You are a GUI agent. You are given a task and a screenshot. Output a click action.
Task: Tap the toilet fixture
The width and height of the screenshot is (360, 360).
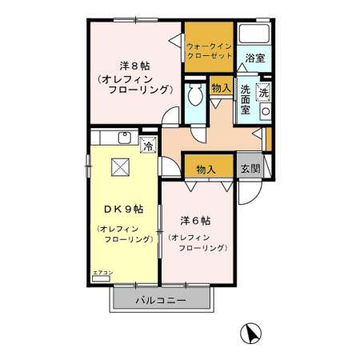[x=194, y=97]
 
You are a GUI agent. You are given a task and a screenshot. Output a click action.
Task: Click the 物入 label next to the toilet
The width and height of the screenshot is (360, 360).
[x=220, y=87]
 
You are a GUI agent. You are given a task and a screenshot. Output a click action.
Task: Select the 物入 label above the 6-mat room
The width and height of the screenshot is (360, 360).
[x=206, y=169]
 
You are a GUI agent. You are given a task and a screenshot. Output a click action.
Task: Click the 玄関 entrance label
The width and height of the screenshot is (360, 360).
[x=250, y=169]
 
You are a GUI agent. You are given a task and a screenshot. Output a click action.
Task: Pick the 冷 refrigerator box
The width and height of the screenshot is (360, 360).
[x=147, y=145]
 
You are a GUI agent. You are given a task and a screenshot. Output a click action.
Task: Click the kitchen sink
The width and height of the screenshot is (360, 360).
[x=124, y=138]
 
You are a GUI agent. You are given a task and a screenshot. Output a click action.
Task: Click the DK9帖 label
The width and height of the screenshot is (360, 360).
[x=123, y=209]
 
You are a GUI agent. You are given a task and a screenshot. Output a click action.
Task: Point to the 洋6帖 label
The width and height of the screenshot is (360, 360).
[x=194, y=220]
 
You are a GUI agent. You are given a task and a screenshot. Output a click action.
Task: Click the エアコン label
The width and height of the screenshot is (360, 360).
[x=102, y=273]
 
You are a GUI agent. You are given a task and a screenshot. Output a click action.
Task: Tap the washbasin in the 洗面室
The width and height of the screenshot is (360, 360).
[x=266, y=111]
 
